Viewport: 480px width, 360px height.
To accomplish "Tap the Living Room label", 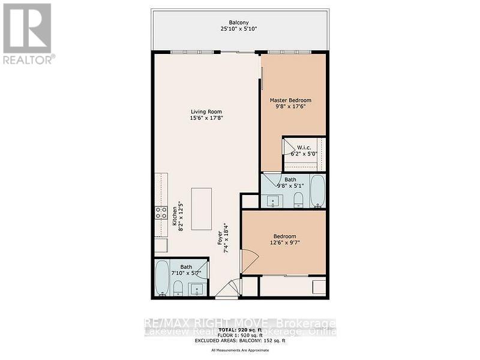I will [x=206, y=112].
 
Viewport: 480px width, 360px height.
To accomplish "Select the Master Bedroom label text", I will [x=290, y=100].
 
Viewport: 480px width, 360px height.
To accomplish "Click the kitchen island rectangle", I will [x=202, y=208].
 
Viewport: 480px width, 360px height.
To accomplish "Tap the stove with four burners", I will [x=161, y=212].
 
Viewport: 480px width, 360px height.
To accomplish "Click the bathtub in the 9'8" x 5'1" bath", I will [x=317, y=191].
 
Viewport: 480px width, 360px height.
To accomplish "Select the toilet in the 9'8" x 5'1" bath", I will [x=298, y=200].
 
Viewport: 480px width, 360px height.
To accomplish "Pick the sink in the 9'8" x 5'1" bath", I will [x=274, y=200].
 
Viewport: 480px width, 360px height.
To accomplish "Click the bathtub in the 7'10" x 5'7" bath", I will [x=162, y=278].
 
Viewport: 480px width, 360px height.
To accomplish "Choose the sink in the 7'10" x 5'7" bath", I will [x=197, y=289].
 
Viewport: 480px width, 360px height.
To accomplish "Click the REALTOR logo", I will [x=28, y=33].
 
